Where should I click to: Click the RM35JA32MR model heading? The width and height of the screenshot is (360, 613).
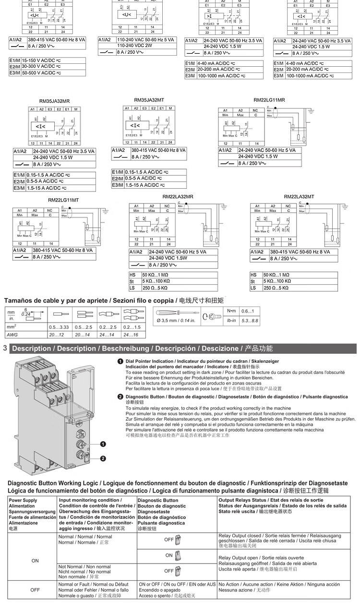(54, 101)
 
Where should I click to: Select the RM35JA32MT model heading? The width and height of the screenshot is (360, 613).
(149, 100)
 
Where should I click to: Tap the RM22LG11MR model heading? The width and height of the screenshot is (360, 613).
(269, 100)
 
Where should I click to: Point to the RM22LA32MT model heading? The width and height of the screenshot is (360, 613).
(299, 196)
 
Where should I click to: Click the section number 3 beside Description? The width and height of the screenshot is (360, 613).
(5, 348)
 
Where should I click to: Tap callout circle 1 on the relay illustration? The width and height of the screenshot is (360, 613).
(103, 444)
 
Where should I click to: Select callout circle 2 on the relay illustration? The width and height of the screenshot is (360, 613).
(103, 458)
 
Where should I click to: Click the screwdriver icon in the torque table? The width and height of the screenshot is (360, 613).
(175, 313)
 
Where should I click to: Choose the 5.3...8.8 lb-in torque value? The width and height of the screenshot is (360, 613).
(249, 320)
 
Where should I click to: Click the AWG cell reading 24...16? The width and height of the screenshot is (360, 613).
(132, 334)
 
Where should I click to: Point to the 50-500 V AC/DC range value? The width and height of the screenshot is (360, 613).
(41, 73)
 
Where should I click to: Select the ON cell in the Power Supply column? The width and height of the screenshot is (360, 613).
(35, 560)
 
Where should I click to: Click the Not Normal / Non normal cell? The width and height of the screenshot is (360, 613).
(84, 571)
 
